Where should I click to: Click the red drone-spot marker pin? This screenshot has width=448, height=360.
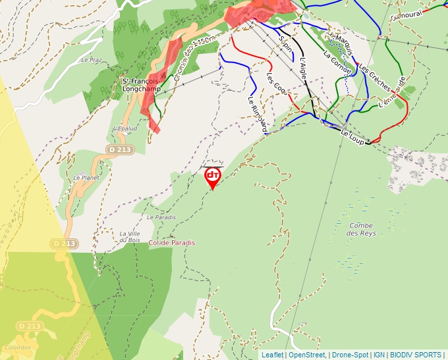212,176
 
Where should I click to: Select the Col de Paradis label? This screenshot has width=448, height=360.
172,243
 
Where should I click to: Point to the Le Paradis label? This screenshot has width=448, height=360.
161,217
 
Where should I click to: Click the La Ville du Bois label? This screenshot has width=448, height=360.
130,237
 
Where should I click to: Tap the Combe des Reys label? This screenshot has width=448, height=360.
362,229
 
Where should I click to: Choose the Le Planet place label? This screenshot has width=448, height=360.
86,178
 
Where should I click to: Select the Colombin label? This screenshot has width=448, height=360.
16,347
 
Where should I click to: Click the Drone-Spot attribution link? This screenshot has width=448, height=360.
350,355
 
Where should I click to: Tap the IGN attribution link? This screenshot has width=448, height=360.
379,355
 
